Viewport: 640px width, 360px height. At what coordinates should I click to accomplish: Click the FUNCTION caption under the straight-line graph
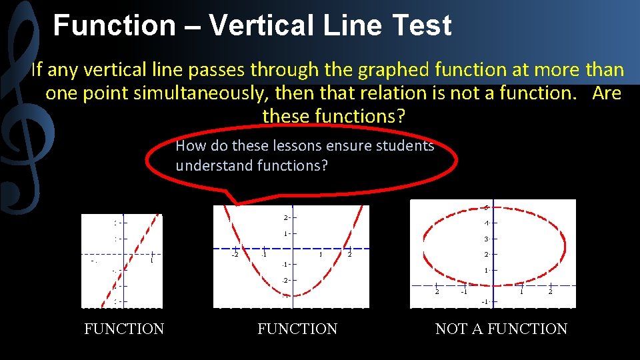[124, 329]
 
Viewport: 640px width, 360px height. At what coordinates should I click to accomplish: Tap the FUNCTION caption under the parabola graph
[297, 329]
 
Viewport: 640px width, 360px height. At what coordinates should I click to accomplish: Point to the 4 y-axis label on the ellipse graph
[487, 223]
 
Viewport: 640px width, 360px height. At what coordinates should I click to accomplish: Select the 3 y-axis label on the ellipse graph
[487, 239]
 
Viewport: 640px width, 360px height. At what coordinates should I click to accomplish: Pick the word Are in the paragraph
[606, 93]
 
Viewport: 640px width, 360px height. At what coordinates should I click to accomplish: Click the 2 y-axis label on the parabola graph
[286, 218]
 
